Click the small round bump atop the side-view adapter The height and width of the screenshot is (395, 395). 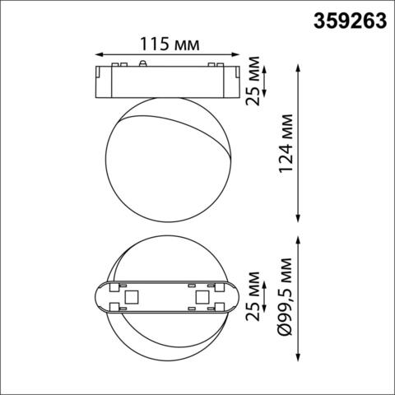[146, 63]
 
